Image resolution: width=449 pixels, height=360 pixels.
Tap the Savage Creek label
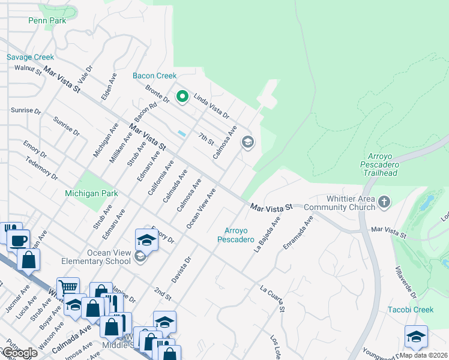[30, 58]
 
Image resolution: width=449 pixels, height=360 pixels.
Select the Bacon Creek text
[154, 76]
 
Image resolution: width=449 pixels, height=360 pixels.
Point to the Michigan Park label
[91, 193]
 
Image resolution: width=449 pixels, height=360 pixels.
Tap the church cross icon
[384, 203]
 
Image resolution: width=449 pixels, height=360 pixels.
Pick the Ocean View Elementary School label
[109, 257]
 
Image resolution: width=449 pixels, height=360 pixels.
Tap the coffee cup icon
[17, 241]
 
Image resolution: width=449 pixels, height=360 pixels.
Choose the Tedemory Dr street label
[41, 169]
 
